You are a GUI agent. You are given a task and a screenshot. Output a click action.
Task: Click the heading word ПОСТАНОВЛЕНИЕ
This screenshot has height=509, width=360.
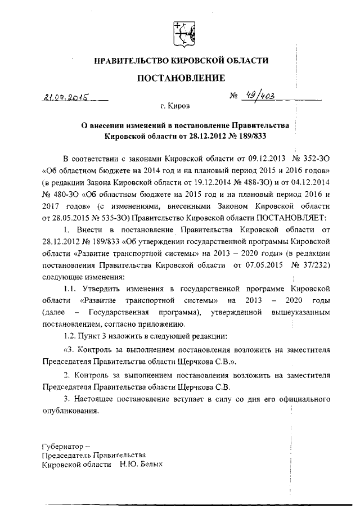pyautogui.click(x=181, y=78)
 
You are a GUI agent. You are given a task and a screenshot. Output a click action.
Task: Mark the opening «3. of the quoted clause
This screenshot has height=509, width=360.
pyautogui.click(x=69, y=350)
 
